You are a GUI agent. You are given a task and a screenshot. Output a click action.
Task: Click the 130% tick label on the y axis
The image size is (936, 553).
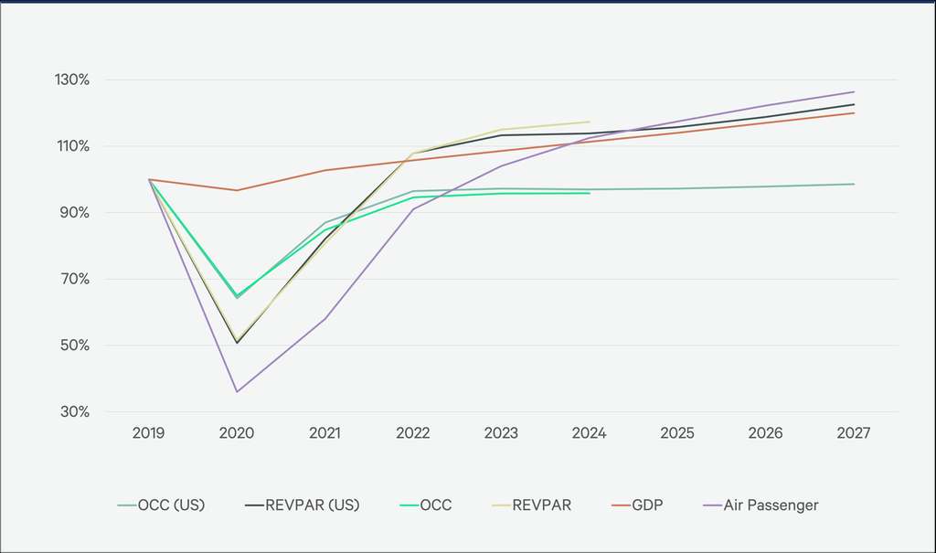70,80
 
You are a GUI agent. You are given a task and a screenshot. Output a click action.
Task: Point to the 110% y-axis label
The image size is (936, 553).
70,146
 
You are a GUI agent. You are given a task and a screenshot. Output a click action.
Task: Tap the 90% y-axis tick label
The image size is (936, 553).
73,213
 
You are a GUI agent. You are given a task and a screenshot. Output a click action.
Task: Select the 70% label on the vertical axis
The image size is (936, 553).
73,279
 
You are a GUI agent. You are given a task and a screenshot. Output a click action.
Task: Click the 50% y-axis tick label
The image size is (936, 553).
73,346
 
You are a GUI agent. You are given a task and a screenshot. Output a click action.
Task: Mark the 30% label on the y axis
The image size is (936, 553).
73,412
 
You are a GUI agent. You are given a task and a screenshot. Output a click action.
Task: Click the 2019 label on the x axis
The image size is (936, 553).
149,433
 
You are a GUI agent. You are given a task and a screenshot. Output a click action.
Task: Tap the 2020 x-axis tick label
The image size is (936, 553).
237,433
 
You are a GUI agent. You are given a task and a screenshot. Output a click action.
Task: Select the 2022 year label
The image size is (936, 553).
413,433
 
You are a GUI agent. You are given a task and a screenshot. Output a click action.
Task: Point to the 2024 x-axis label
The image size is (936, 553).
590,433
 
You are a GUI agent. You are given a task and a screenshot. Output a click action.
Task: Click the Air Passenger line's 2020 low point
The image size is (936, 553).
237,392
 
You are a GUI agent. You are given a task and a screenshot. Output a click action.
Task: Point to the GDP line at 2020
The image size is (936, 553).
237,190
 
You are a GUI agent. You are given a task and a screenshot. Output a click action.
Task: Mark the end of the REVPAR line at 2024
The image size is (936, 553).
590,122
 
